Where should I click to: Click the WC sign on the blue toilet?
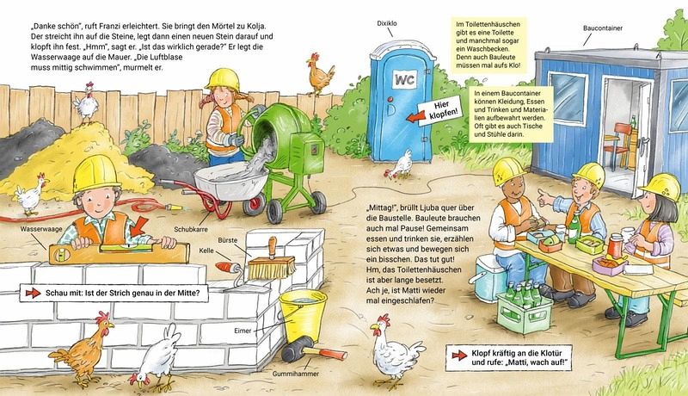tap(405, 79)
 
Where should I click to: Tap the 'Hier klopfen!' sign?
tap(440, 111)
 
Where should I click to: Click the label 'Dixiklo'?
tap(387, 23)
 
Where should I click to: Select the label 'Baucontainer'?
tap(603, 28)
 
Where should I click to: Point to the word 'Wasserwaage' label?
tap(41, 229)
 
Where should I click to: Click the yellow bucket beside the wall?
tap(304, 315)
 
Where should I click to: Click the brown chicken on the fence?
tap(320, 74)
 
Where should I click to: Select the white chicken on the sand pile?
tap(86, 102)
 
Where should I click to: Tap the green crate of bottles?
tap(525, 306)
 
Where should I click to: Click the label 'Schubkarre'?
tap(191, 229)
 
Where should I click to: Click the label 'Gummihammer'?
tap(296, 374)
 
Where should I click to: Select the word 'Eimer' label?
tap(243, 331)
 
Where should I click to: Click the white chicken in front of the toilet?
tap(401, 164)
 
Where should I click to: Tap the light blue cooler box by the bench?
tap(488, 277)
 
